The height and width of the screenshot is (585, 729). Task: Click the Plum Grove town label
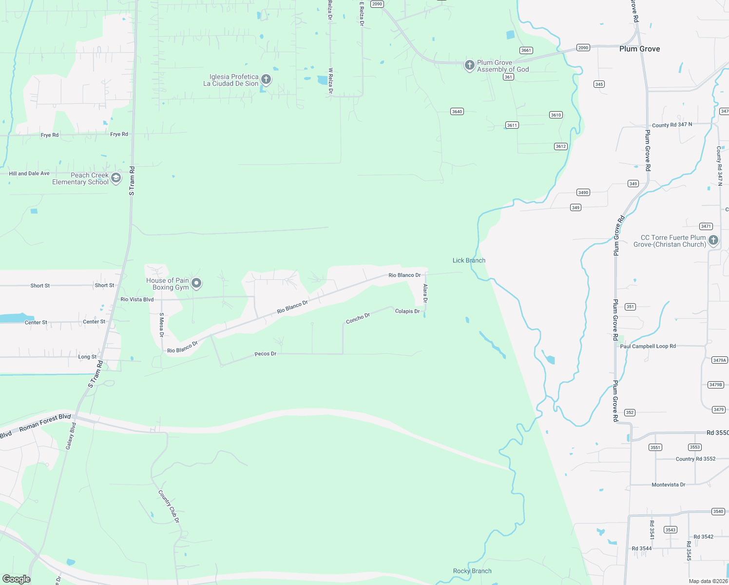click(x=639, y=49)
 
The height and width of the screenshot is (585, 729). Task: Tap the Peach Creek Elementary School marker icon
click(x=116, y=178)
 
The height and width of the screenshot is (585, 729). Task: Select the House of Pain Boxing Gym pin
click(x=196, y=283)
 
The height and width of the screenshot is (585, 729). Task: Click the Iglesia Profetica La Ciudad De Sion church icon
click(x=266, y=79)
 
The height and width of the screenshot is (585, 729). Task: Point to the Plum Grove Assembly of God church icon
click(x=469, y=65)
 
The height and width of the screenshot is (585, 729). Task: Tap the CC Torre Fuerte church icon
click(x=713, y=240)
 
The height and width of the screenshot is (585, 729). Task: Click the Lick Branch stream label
click(x=469, y=260)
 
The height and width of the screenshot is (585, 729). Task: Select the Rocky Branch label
click(x=472, y=571)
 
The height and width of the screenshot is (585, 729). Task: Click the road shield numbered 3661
click(x=526, y=50)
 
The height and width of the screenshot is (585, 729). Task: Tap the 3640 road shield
click(x=457, y=112)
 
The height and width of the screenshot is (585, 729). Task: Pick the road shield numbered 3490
click(x=583, y=193)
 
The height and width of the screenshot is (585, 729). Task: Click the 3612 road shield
click(x=560, y=146)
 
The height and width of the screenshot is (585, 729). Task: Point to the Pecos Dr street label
click(x=266, y=354)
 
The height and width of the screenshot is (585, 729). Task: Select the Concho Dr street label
click(x=358, y=318)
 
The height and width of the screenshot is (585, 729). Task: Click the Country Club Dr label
click(x=169, y=507)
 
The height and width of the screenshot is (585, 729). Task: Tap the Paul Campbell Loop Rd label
click(x=648, y=346)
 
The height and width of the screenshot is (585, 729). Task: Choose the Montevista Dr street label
click(x=668, y=485)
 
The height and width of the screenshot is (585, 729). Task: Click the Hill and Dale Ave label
click(x=29, y=174)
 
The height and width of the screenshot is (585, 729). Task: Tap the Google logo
click(x=17, y=579)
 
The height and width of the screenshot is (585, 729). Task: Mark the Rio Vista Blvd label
click(x=137, y=299)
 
